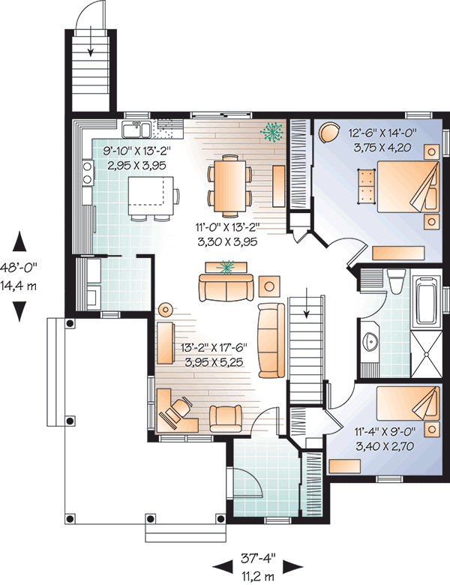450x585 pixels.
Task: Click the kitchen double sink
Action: tap(136, 130)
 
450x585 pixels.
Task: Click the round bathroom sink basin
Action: tap(370, 340)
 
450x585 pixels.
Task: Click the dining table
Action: tap(229, 186)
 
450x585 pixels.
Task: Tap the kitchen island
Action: tap(151, 196)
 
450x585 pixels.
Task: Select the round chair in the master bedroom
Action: tap(328, 132)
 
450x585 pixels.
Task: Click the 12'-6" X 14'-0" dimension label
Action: tap(382, 133)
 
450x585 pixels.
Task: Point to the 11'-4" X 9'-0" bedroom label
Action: tap(385, 432)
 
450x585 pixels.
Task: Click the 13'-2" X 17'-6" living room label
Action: tap(214, 348)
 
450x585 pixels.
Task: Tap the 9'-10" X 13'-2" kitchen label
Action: tap(136, 151)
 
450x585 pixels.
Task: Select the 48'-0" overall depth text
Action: tap(19, 268)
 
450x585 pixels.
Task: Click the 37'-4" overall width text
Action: tap(258, 559)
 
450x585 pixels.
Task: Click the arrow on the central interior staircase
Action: tap(306, 303)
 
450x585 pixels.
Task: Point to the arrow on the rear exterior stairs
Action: tap(90, 47)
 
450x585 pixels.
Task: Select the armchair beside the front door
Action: tap(225, 418)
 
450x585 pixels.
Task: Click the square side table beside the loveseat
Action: tap(269, 286)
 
